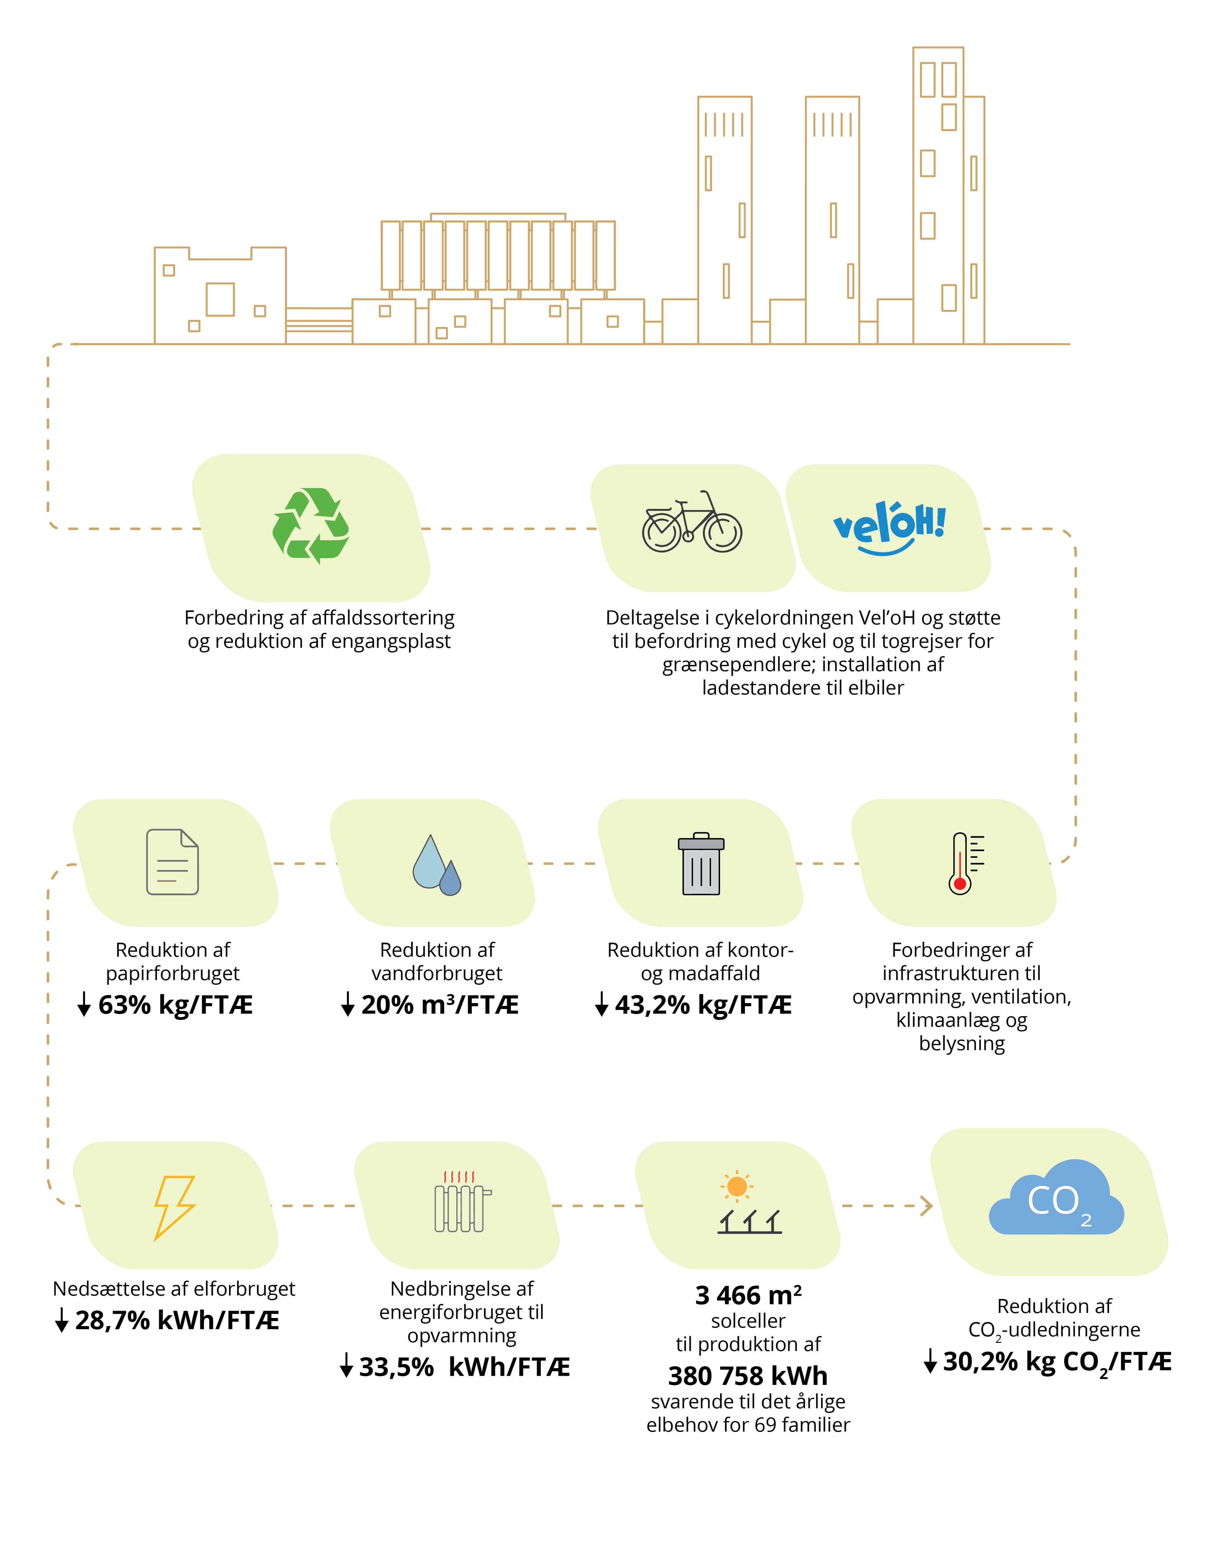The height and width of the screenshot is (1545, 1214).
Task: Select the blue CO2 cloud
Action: click(x=1056, y=1197)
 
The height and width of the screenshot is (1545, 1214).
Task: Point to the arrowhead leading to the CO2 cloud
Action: click(x=927, y=1206)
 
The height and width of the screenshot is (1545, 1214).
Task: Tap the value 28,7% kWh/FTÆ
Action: click(x=177, y=1320)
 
